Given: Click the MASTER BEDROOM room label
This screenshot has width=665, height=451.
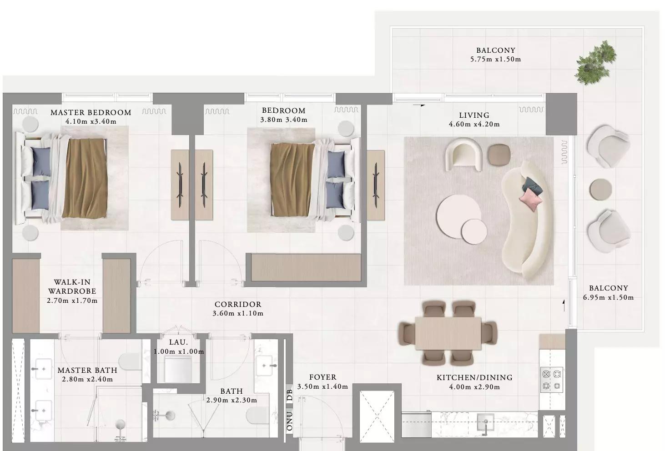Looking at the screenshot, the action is coord(91,113).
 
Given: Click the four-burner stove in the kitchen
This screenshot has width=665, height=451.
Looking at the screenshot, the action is coord(552,380).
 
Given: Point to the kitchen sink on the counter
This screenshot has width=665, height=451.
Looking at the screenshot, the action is coord(486,422).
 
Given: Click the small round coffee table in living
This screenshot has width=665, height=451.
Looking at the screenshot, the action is coord(474,231).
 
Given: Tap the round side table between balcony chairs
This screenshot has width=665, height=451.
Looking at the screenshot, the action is coord(600,189).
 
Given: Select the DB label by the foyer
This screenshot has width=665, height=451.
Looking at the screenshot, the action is coord(290,395).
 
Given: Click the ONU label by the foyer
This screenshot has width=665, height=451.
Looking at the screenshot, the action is coord(290,421).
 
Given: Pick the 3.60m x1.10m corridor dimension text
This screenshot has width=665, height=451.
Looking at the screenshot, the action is coord(238,313).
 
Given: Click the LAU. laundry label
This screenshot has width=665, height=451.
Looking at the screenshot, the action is coord(178,342).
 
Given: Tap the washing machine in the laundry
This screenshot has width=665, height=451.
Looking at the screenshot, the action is coord(178,370).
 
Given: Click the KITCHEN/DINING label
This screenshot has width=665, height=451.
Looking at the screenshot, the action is coord(474,378).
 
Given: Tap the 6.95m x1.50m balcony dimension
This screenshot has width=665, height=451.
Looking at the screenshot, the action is coord(608,297).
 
